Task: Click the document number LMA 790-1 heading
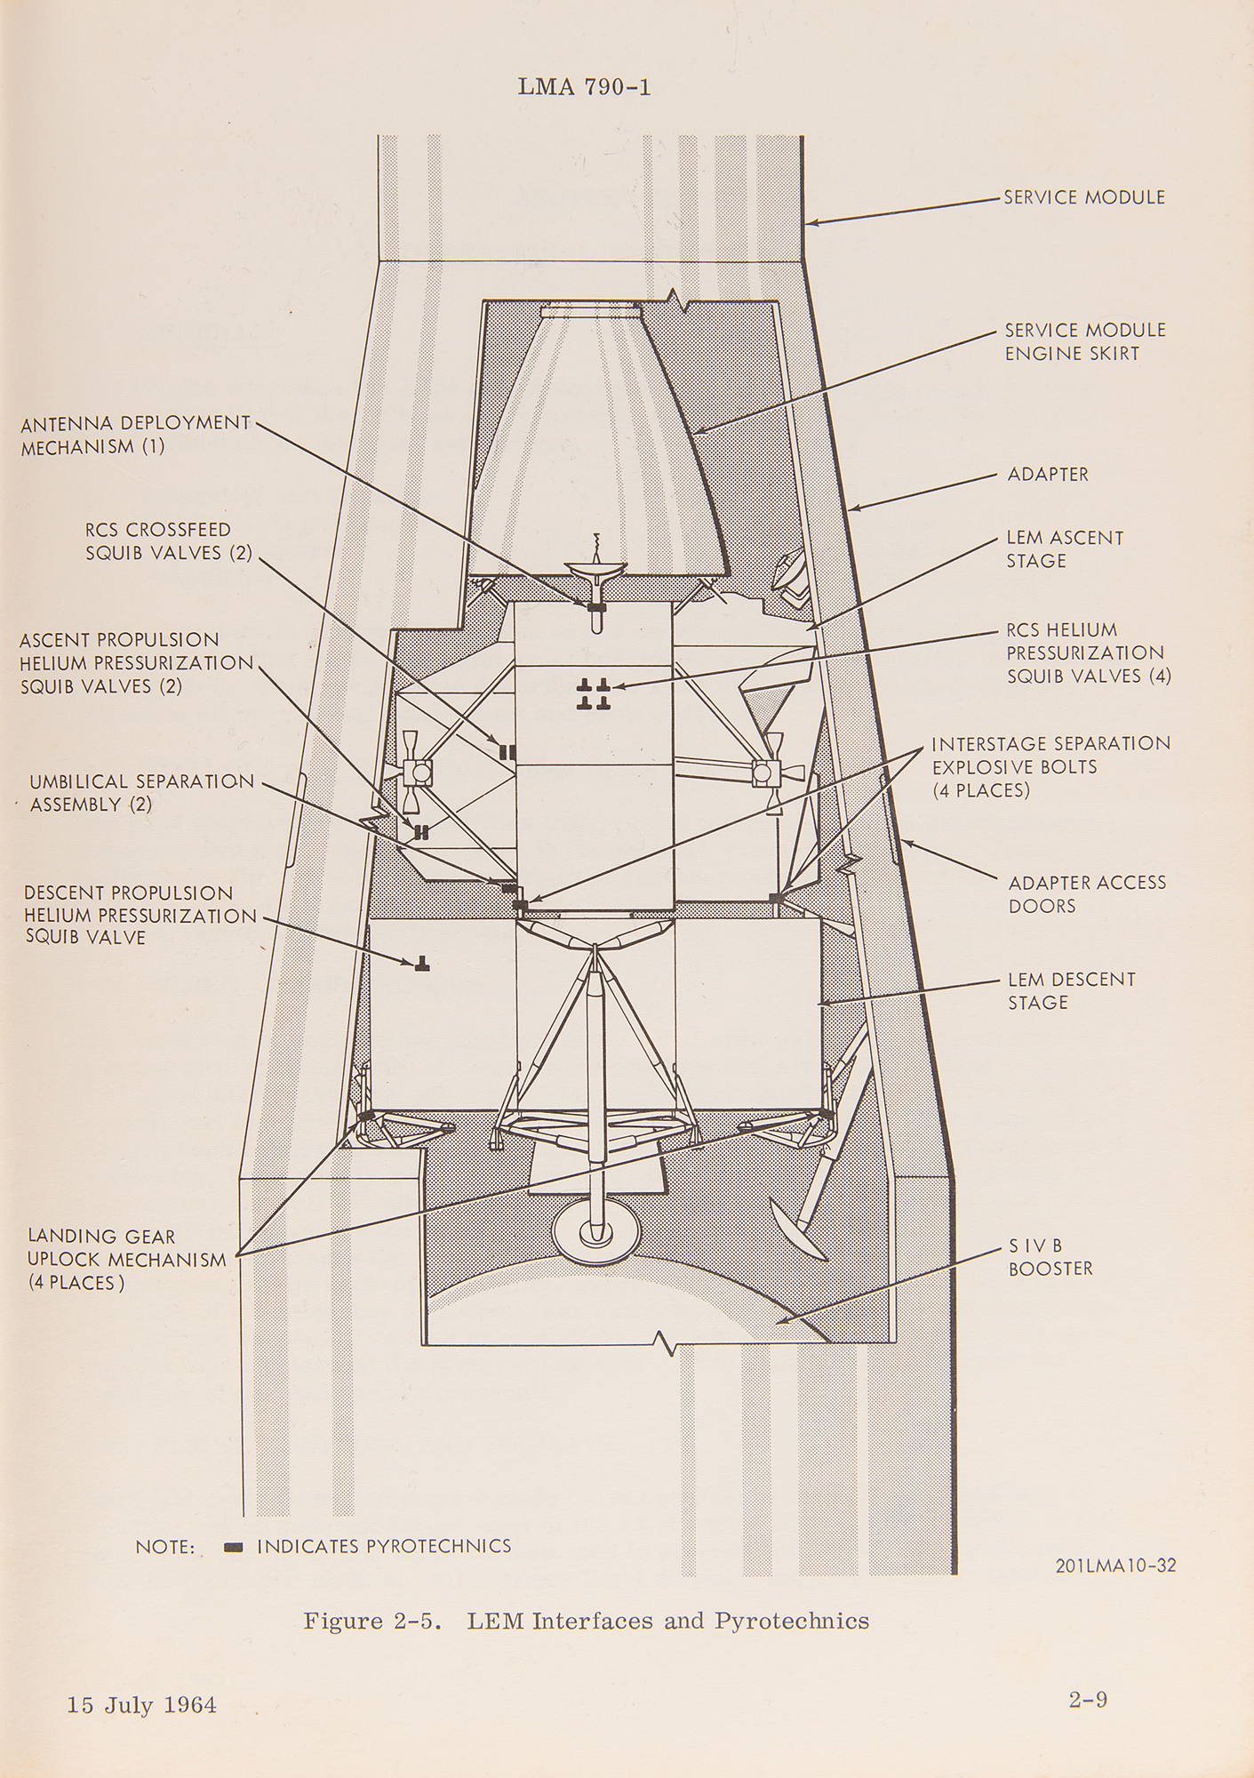[583, 87]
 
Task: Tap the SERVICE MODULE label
[1083, 197]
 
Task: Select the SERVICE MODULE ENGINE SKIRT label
[1084, 341]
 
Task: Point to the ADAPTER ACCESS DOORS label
[1086, 894]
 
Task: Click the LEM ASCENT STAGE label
[1064, 549]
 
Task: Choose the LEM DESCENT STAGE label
[1071, 990]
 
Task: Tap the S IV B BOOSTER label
[1050, 1258]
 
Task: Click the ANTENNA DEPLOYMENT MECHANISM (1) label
[135, 435]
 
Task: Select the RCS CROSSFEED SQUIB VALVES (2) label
[168, 541]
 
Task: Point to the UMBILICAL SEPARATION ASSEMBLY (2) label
[141, 793]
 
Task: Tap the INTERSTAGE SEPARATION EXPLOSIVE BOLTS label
[1050, 766]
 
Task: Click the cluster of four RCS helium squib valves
[593, 694]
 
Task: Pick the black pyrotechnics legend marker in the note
[234, 1548]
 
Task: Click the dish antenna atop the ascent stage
[595, 577]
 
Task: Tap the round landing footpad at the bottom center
[595, 1232]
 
